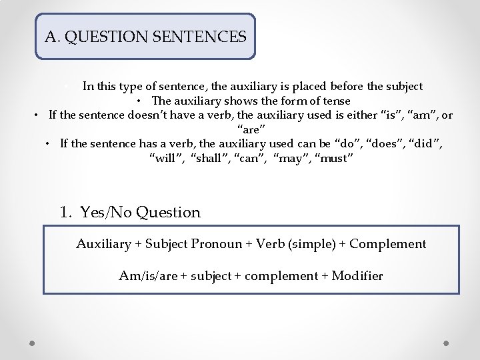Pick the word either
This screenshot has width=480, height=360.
coord(359,115)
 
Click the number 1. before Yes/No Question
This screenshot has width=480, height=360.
coord(66,213)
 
